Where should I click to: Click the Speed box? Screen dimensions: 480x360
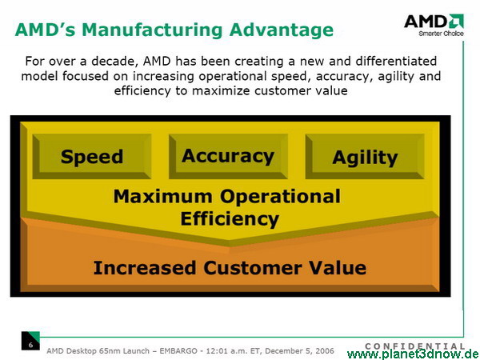point(92,157)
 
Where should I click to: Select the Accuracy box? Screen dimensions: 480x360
point(228,157)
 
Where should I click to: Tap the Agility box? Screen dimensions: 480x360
point(365,157)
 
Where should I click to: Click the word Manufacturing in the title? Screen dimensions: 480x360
point(153,30)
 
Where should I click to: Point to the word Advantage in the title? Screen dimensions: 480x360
point(282,30)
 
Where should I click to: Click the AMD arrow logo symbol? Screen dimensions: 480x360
point(457,21)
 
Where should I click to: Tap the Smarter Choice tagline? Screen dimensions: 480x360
point(441,34)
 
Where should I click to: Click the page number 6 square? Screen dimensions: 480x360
point(30,341)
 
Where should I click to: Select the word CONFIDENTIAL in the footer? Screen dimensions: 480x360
point(415,346)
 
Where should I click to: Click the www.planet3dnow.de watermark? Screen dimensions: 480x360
point(414,354)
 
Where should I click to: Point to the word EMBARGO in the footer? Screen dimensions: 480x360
point(178,350)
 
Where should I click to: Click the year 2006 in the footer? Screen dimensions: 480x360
point(325,350)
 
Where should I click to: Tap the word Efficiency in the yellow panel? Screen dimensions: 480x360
point(230,219)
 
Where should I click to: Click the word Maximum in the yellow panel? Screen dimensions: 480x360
point(162,196)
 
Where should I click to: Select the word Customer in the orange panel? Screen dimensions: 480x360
point(253,268)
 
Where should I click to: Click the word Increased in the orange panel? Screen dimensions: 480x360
point(145,268)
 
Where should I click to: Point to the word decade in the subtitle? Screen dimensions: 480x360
point(113,62)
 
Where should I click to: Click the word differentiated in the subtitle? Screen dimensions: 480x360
point(396,62)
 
